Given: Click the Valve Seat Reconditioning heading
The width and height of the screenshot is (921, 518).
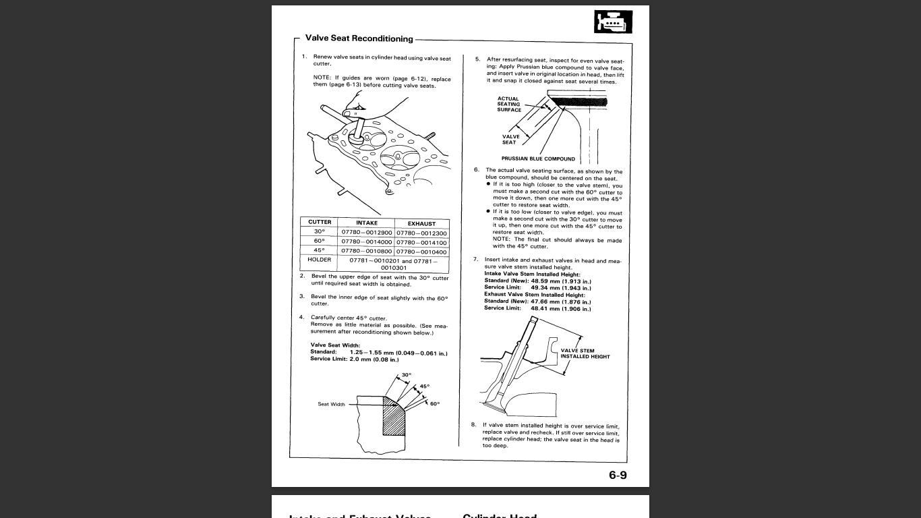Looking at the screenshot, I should (x=359, y=38).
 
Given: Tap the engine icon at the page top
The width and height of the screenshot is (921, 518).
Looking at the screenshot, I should (x=614, y=23).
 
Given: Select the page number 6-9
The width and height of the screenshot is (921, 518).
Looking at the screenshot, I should (x=618, y=475).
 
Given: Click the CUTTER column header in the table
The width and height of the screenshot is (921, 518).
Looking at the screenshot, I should (x=320, y=222).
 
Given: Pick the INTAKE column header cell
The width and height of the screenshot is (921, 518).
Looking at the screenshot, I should (x=367, y=223).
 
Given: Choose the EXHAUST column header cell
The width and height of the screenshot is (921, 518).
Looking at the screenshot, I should (x=421, y=223).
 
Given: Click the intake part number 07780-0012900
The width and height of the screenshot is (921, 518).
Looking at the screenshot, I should (x=367, y=233).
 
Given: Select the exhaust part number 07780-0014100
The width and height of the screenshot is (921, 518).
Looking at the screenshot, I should (x=421, y=242).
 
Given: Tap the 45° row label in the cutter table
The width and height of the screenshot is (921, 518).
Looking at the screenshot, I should (x=320, y=251).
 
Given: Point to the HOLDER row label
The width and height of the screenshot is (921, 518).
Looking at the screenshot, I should (x=320, y=260).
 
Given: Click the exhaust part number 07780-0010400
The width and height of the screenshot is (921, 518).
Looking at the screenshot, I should (x=421, y=252).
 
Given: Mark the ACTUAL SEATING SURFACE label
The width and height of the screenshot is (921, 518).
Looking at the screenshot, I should (x=509, y=104).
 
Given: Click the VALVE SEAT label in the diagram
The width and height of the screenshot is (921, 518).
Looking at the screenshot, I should (x=510, y=140).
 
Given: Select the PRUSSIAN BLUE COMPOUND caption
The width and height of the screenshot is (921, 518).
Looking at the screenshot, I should (x=538, y=159).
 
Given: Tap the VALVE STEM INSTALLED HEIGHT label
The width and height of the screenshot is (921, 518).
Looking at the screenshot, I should (x=585, y=353).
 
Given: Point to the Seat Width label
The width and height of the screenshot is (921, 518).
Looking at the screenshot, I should (x=331, y=405).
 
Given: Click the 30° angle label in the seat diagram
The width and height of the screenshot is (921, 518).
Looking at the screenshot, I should (x=406, y=374).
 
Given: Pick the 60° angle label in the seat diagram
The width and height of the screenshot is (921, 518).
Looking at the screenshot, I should (x=434, y=403).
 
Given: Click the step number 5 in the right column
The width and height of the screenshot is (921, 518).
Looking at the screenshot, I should (x=477, y=59).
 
